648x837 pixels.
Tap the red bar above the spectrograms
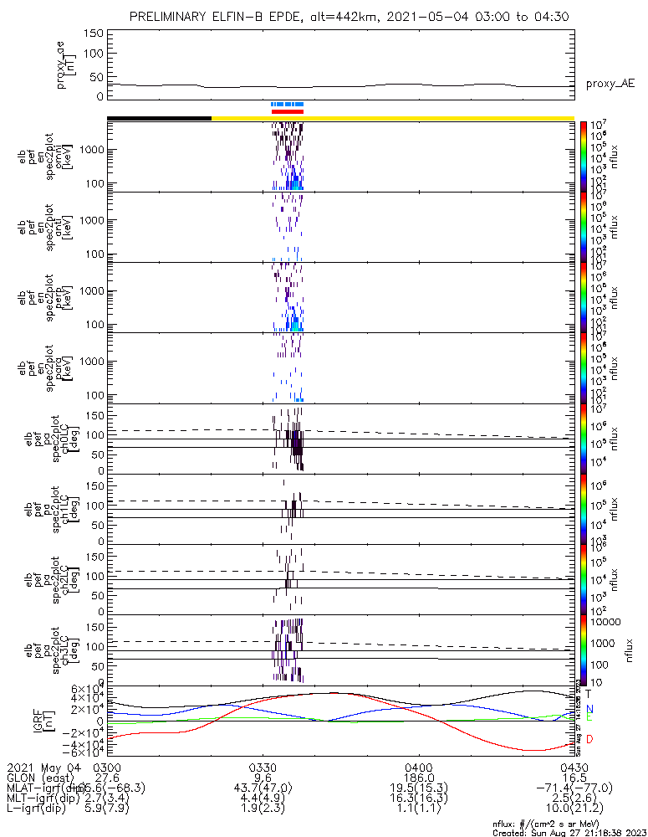click(288, 110)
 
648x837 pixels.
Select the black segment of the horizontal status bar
click(159, 118)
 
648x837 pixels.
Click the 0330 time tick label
click(263, 767)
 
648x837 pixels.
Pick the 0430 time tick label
click(574, 767)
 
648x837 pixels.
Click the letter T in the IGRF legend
click(589, 694)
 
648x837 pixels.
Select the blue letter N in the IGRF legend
click(589, 708)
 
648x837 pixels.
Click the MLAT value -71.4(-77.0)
click(574, 788)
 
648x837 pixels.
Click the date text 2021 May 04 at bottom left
click(42, 767)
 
